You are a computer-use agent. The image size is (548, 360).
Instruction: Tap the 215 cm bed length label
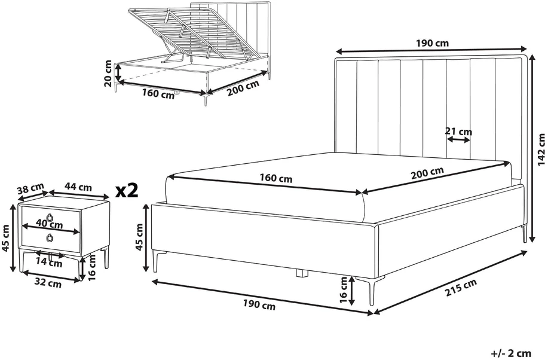coord(461,288)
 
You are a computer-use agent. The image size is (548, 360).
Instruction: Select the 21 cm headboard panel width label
coord(458,132)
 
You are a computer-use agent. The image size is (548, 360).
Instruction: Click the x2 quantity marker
coord(127,191)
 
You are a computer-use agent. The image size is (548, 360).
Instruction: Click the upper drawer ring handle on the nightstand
coord(51,218)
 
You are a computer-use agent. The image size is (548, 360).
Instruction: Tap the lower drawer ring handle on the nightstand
coord(50,238)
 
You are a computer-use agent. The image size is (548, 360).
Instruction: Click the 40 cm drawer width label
coord(50,224)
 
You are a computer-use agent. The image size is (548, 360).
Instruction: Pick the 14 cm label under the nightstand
coord(49,262)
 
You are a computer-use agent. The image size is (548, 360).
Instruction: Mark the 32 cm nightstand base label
coord(48,283)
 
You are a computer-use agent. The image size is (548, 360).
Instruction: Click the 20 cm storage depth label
coord(108,74)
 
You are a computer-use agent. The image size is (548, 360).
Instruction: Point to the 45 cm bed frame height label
coord(139,237)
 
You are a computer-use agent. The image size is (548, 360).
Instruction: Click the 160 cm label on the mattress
coord(275,178)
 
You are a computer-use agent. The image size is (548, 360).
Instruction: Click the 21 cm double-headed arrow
coord(458,139)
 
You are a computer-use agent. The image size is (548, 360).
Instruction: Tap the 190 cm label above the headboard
coord(432,44)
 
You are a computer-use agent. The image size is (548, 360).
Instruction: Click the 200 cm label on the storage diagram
coord(244,88)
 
